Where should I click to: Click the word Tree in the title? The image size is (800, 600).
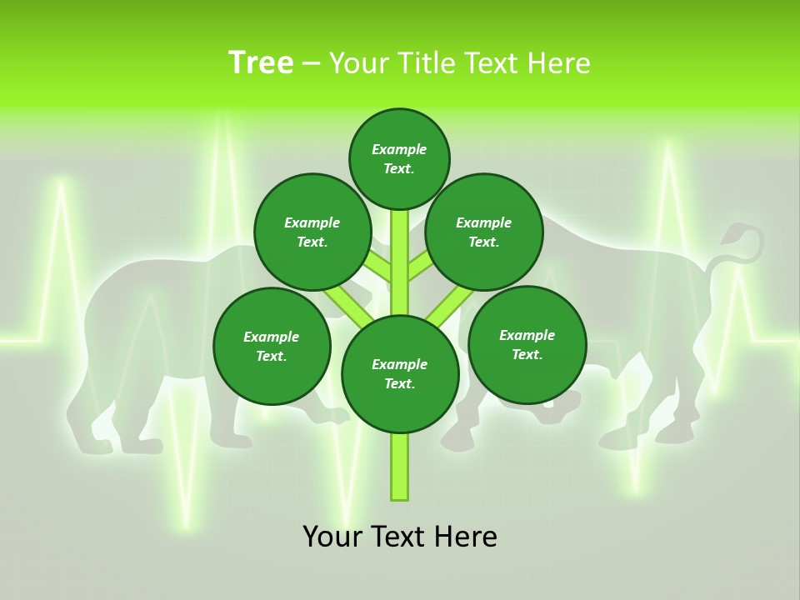pos(260,63)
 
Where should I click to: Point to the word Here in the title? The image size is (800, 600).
pos(559,63)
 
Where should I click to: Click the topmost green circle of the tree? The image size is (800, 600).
pos(399,158)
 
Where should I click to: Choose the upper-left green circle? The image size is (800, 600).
pos(312,232)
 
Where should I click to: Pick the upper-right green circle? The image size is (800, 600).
pos(484,232)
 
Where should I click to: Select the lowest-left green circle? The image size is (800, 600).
pos(272,346)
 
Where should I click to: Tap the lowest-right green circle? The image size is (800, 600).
pos(527,344)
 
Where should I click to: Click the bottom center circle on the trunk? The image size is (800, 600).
pos(400,374)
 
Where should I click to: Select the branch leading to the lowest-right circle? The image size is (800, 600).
pos(450,303)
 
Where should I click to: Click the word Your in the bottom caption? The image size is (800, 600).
pos(332,537)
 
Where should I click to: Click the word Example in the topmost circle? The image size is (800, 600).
pos(399,150)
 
